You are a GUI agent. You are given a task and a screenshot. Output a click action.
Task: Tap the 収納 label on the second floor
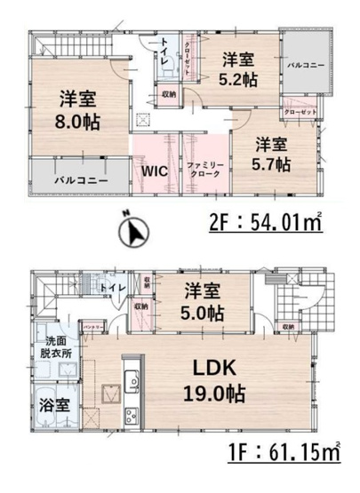168,93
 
